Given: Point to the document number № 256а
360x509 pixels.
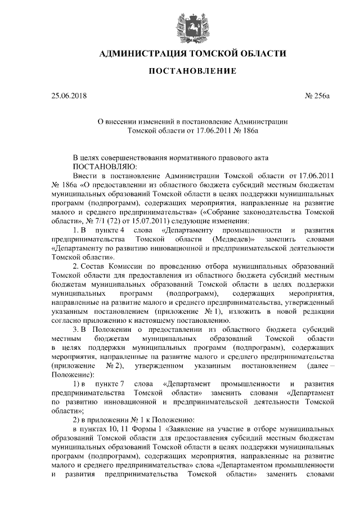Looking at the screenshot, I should [316, 97].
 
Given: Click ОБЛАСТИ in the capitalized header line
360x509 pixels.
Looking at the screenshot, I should [257, 54].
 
